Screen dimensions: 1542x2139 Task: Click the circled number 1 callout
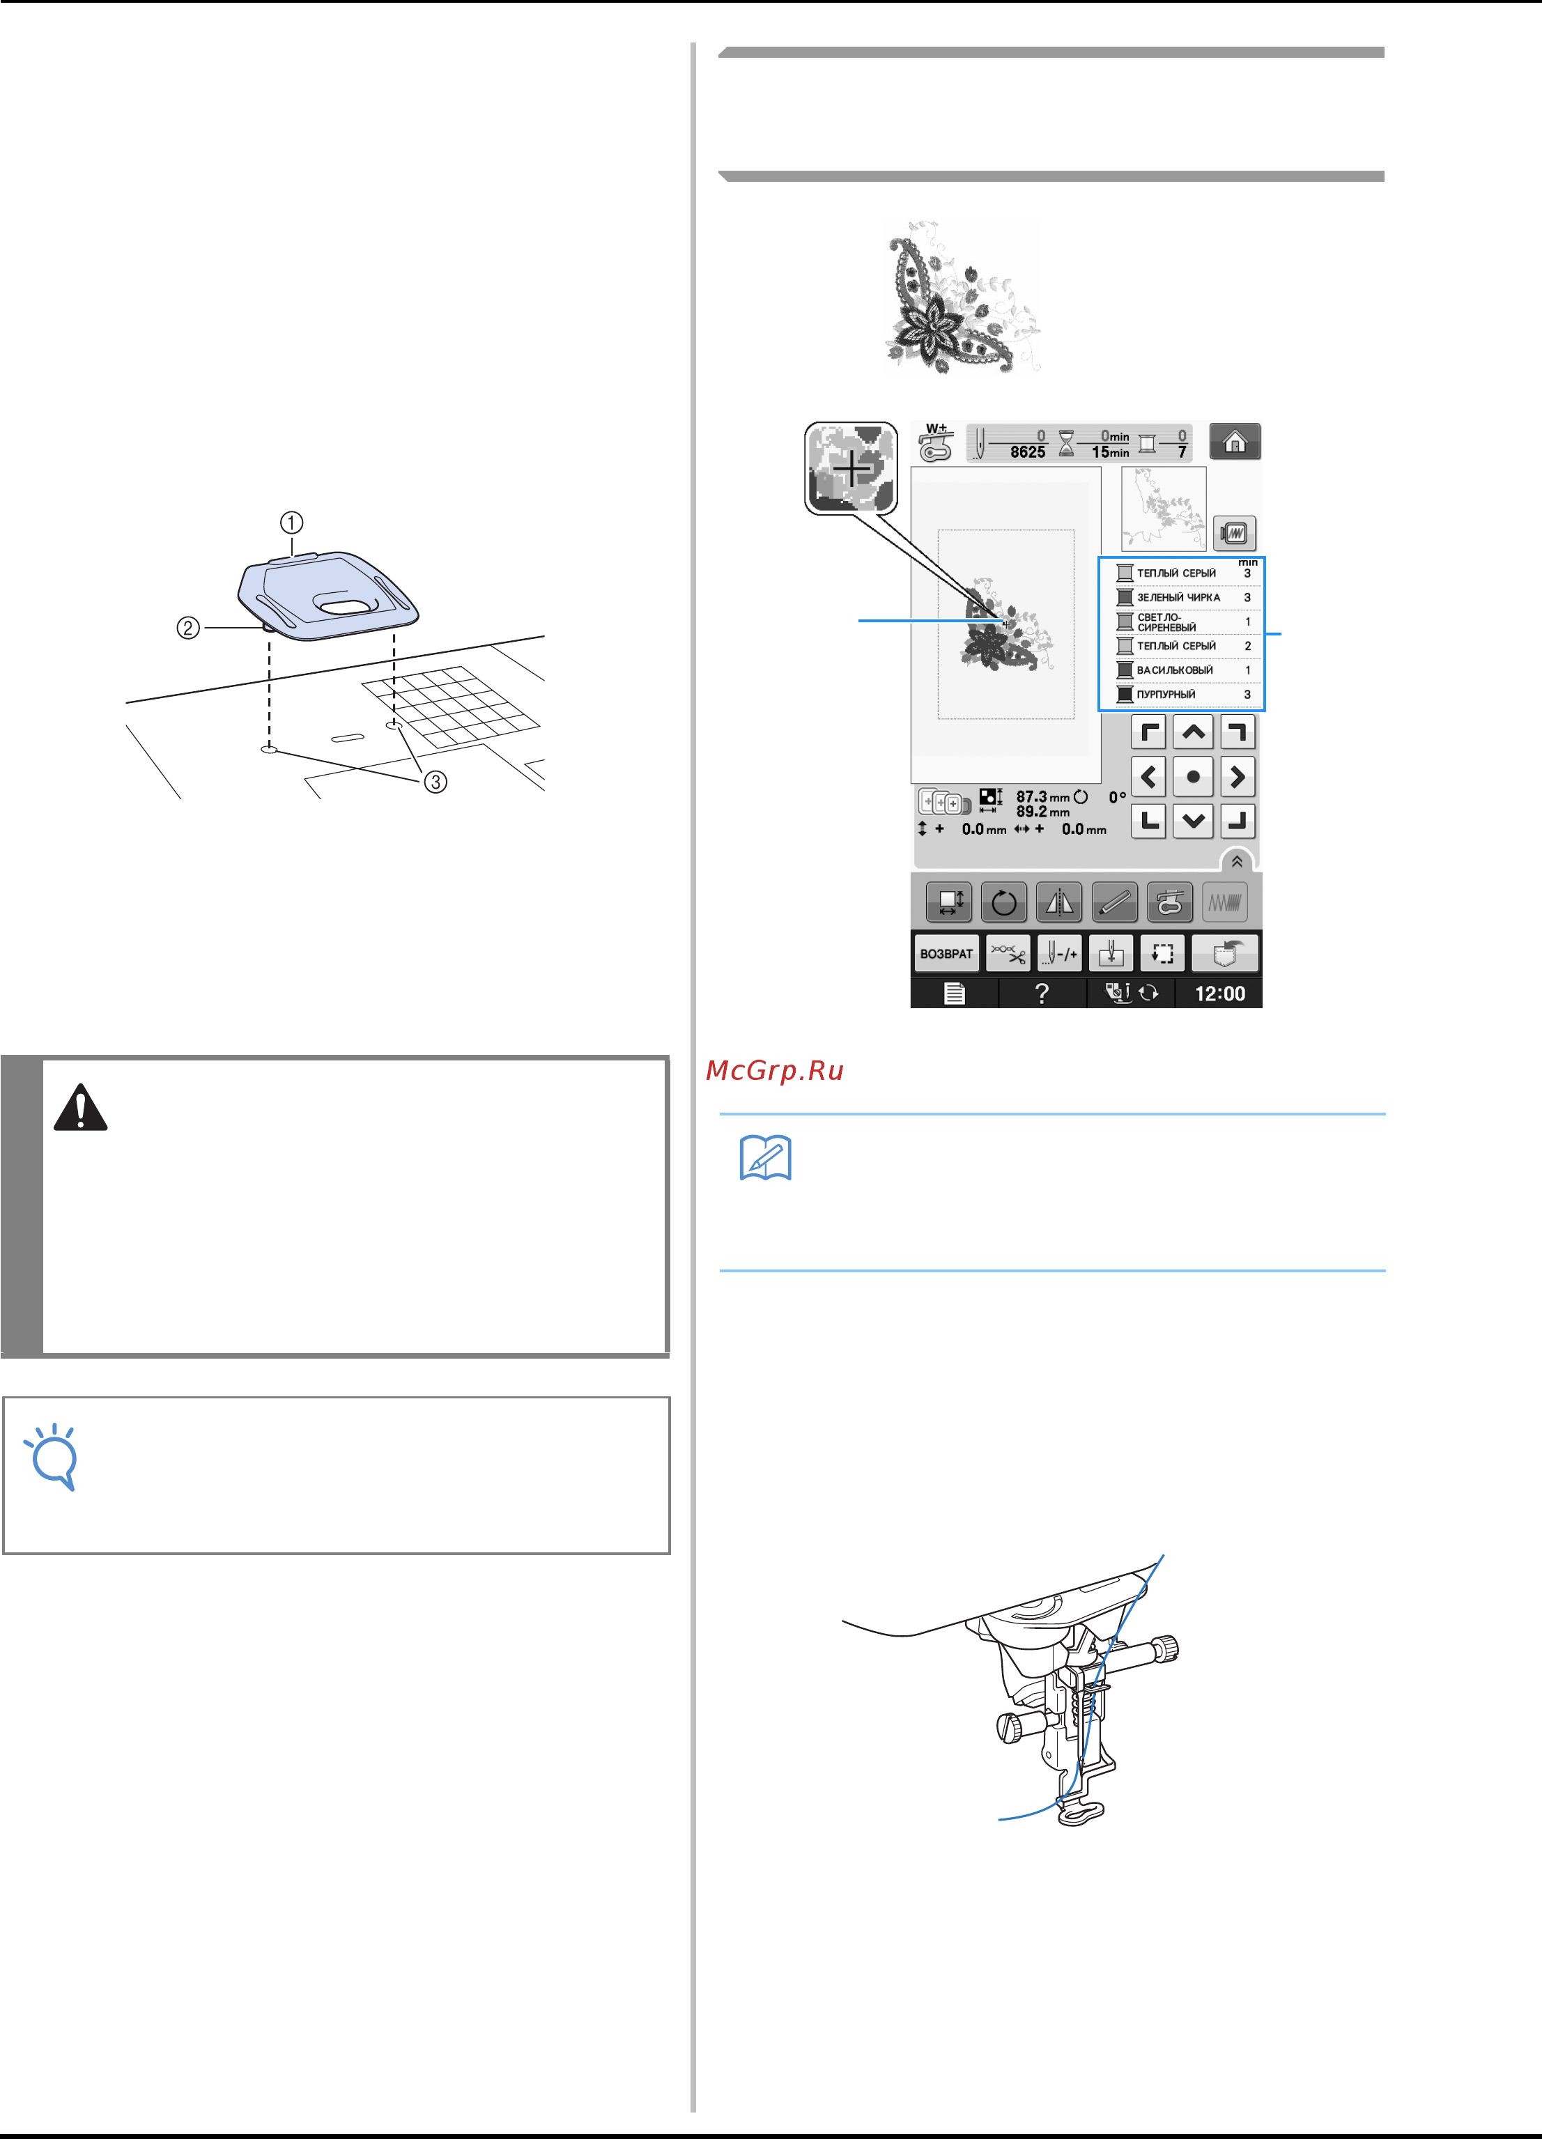[x=291, y=523]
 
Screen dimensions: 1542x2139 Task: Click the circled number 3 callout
[x=435, y=782]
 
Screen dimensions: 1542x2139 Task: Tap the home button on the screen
[x=1235, y=441]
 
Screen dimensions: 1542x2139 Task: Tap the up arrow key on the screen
[x=1193, y=732]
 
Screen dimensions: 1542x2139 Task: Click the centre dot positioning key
[x=1193, y=777]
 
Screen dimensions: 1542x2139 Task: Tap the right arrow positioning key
[x=1238, y=777]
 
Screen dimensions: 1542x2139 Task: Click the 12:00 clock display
[x=1219, y=993]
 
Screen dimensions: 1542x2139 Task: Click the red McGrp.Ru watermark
[x=774, y=1070]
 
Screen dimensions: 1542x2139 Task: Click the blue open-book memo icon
[x=766, y=1158]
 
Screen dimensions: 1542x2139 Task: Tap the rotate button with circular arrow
[x=1003, y=902]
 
